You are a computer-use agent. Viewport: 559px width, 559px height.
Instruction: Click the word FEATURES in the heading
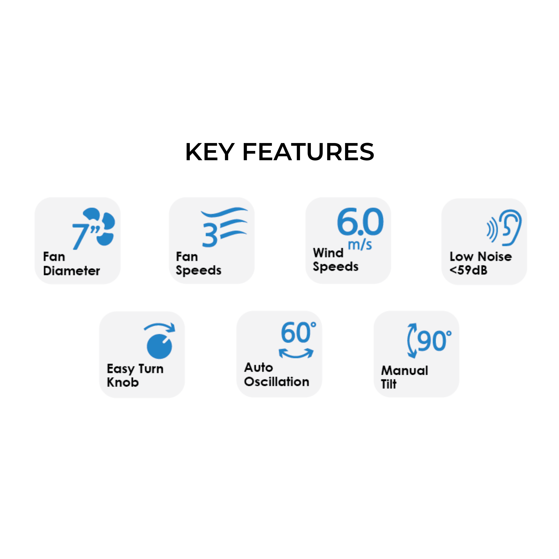pyautogui.click(x=308, y=152)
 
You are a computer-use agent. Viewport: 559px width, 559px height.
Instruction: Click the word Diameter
pyautogui.click(x=72, y=271)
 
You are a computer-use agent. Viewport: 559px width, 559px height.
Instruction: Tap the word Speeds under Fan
pyautogui.click(x=198, y=270)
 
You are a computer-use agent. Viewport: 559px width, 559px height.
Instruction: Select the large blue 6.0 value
pyautogui.click(x=360, y=222)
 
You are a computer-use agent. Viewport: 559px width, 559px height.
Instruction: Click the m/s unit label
pyautogui.click(x=360, y=245)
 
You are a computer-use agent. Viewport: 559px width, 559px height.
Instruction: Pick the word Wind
pyautogui.click(x=328, y=253)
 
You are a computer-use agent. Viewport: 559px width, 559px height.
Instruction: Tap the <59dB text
pyautogui.click(x=468, y=270)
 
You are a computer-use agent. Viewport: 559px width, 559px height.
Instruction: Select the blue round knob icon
pyautogui.click(x=159, y=346)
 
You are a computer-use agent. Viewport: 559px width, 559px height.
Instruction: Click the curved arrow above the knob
pyautogui.click(x=159, y=327)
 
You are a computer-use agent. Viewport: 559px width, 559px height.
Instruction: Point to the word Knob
pyautogui.click(x=123, y=382)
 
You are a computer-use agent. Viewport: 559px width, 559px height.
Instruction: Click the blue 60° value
pyautogui.click(x=298, y=332)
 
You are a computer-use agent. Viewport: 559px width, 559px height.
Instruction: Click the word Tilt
pyautogui.click(x=389, y=384)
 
